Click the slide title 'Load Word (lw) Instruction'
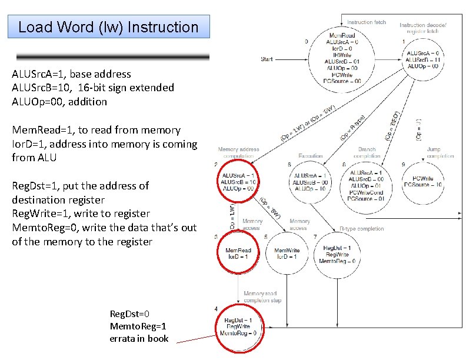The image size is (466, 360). pyautogui.click(x=108, y=27)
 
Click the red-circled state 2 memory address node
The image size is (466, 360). pyautogui.click(x=239, y=182)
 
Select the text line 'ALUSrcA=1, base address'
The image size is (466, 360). pyautogui.click(x=71, y=74)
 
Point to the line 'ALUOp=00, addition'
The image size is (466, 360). pyautogui.click(x=59, y=101)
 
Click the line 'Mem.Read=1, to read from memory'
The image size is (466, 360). pyautogui.click(x=96, y=129)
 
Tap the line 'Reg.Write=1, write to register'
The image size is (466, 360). pyautogui.click(x=81, y=214)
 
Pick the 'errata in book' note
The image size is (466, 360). pyautogui.click(x=139, y=338)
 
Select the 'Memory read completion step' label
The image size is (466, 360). pyautogui.click(x=262, y=296)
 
